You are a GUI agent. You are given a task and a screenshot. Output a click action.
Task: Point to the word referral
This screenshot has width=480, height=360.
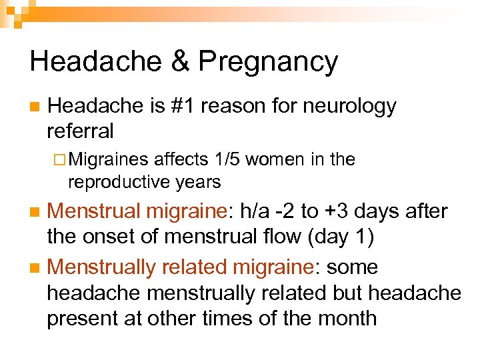click(80, 130)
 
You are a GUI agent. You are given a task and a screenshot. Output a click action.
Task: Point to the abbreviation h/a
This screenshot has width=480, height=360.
click(257, 211)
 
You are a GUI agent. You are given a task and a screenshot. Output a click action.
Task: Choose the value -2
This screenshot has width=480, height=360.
click(288, 211)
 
